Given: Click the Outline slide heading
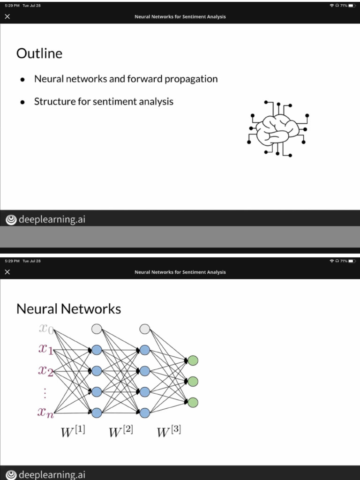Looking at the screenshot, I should click(x=39, y=53).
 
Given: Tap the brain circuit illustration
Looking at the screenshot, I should click(x=278, y=127).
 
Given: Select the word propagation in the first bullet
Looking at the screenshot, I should click(x=189, y=79).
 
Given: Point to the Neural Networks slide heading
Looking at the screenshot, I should click(x=68, y=309).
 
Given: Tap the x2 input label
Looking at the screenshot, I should click(x=47, y=371).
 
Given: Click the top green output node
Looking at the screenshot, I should click(x=193, y=360).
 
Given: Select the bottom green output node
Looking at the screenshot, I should click(x=193, y=402).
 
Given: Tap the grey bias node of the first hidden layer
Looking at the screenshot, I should click(x=97, y=329).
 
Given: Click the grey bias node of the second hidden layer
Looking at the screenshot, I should click(x=145, y=329).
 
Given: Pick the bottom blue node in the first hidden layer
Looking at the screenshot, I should click(x=97, y=412).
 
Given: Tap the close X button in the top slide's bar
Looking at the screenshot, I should click(x=7, y=17).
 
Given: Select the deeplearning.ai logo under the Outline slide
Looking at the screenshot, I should click(x=45, y=219).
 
